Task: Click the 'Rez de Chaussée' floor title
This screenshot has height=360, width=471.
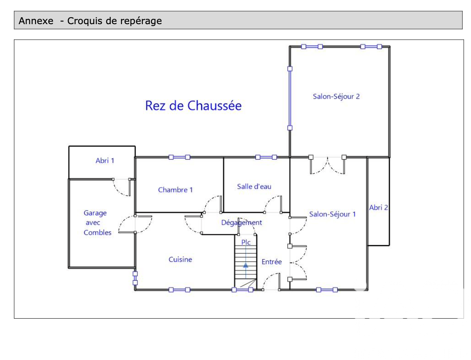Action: tap(193, 106)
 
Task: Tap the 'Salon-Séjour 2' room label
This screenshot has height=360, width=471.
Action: tap(336, 97)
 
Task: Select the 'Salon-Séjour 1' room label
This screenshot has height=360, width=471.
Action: tap(332, 214)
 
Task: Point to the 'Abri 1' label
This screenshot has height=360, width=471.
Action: tap(105, 161)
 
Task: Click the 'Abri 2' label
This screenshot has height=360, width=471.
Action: tap(379, 208)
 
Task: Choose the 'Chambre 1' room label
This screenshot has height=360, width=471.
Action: tap(175, 190)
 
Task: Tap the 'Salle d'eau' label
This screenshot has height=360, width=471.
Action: tap(254, 187)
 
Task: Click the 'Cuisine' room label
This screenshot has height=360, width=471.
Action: tap(180, 259)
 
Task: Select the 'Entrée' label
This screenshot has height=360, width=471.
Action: tap(271, 262)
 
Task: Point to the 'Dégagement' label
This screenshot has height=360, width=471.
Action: tap(242, 223)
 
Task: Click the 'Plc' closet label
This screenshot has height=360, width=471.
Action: tap(246, 242)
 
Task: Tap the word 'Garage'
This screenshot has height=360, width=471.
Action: tap(95, 213)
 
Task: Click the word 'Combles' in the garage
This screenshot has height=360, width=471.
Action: tap(98, 233)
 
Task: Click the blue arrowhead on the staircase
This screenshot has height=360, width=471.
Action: tap(246, 265)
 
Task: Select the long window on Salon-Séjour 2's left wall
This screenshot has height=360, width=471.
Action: tap(290, 98)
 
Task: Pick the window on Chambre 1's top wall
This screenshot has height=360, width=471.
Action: tap(179, 157)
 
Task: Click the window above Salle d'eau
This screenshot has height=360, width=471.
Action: tap(266, 157)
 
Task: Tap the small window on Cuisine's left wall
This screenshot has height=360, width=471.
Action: tap(135, 278)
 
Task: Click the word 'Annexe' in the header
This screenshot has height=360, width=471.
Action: tap(36, 21)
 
